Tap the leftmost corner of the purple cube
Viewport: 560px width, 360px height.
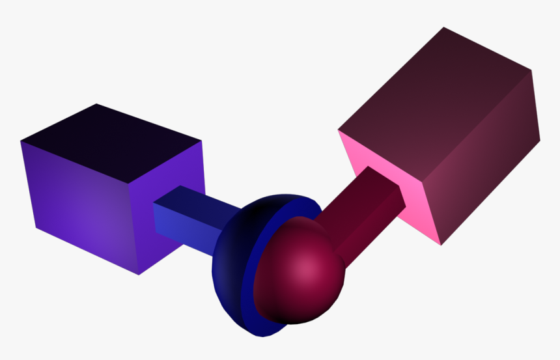(x=21, y=141)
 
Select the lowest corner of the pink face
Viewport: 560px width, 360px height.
(x=441, y=245)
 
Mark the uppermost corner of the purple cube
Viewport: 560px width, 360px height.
(x=97, y=104)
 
